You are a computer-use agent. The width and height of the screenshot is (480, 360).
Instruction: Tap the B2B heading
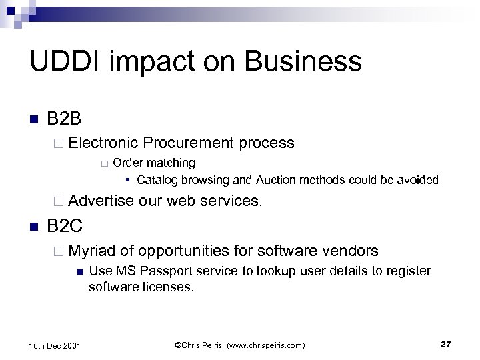[x=65, y=120]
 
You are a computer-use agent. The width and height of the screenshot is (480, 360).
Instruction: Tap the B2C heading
[x=65, y=226]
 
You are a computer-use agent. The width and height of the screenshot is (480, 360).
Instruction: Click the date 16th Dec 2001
[x=56, y=345]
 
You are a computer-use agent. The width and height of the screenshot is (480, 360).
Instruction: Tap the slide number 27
[x=446, y=344]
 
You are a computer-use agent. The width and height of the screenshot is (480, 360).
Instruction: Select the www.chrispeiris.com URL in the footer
[x=265, y=345]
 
